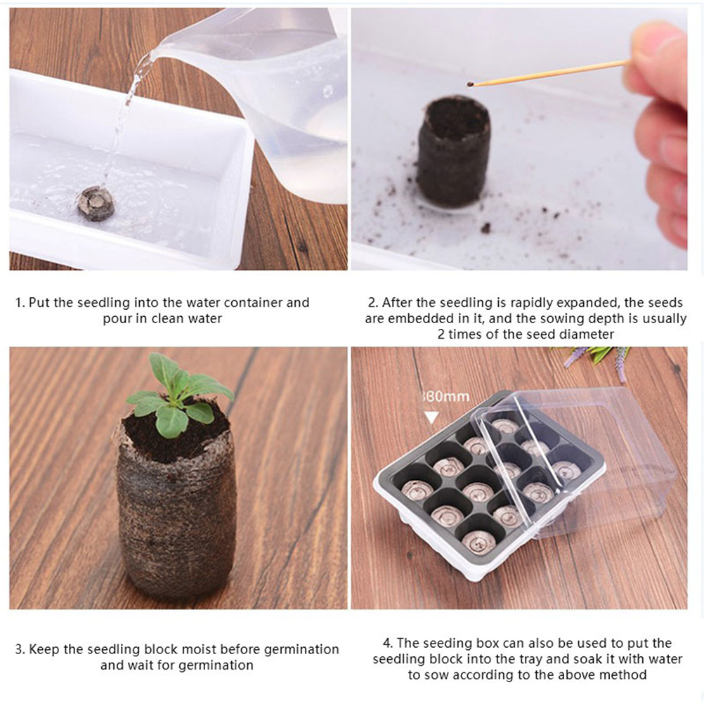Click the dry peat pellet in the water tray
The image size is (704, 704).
point(96,203)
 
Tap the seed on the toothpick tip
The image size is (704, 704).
point(470,84)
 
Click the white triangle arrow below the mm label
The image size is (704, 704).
point(431,417)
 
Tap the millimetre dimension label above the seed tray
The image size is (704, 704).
point(446,396)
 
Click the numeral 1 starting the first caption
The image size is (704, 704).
point(18,303)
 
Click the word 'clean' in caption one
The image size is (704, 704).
point(167,318)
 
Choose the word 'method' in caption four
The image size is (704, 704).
point(623,674)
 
